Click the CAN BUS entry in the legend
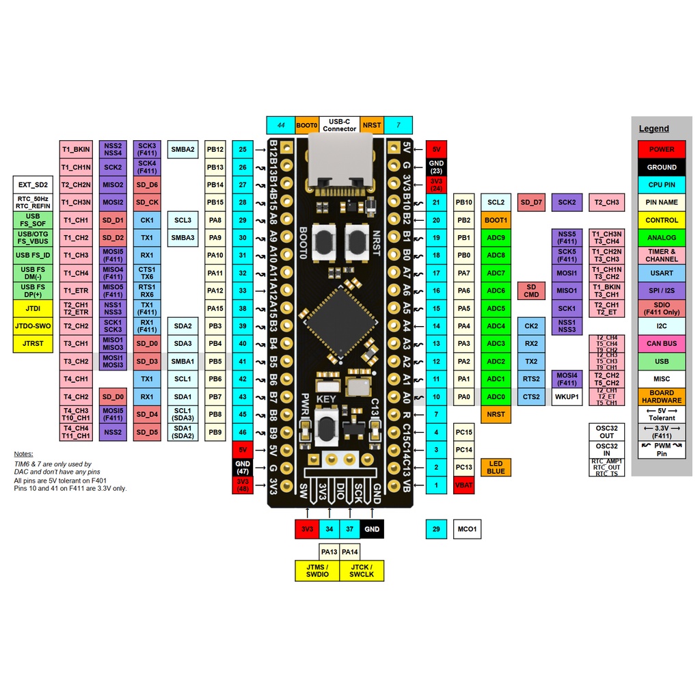pos(661,344)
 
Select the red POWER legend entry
pos(661,149)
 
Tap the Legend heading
pos(654,129)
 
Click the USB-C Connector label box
pos(339,125)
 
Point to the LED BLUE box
pos(496,468)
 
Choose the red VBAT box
pos(463,485)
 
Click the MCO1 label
pos(467,529)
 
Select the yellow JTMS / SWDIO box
pos(317,571)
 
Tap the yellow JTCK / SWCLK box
pos(362,571)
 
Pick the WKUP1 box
pos(567,396)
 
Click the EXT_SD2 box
pos(33,185)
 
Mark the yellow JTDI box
pos(33,308)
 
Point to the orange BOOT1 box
pos(496,220)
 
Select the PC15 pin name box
pos(463,432)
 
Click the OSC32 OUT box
pos(606,432)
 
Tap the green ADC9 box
pos(496,238)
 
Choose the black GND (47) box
pos(243,468)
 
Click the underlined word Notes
pos(23,454)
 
